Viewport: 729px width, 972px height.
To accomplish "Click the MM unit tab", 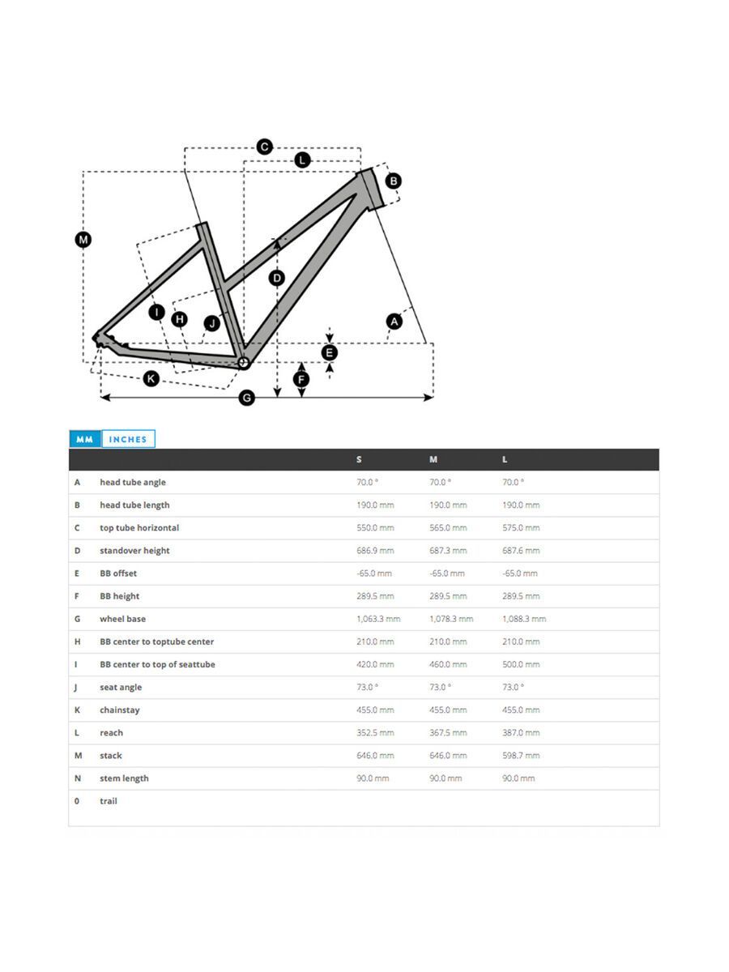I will click(x=84, y=439).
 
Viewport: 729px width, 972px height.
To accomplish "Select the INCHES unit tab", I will click(x=128, y=439).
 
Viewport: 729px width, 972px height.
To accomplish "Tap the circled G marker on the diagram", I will click(x=247, y=398).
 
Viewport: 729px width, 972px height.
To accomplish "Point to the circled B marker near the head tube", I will click(x=393, y=181).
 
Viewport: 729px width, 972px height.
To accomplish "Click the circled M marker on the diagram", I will click(x=83, y=239).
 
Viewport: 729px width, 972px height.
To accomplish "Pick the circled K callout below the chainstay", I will click(x=151, y=378).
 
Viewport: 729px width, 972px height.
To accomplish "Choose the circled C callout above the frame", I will click(x=264, y=147).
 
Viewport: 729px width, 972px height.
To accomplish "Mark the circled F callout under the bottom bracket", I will click(x=301, y=379).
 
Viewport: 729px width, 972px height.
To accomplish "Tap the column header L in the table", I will click(x=505, y=459).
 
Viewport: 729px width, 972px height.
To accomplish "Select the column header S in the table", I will click(x=359, y=459).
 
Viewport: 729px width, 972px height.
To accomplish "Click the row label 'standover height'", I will click(x=134, y=551).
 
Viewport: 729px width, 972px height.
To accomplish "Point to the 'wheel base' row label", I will click(x=123, y=619).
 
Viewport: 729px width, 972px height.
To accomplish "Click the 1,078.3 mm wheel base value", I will click(x=451, y=619).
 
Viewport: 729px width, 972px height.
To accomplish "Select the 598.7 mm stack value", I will click(x=520, y=756).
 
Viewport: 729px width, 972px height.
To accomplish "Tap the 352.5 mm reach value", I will click(x=375, y=733).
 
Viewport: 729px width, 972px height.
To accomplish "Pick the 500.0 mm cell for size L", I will click(x=520, y=664).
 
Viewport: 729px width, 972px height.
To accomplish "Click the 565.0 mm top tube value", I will click(x=448, y=528).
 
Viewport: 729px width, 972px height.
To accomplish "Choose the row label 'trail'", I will click(x=109, y=801).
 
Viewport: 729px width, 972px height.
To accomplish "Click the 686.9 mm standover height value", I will click(x=375, y=551).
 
